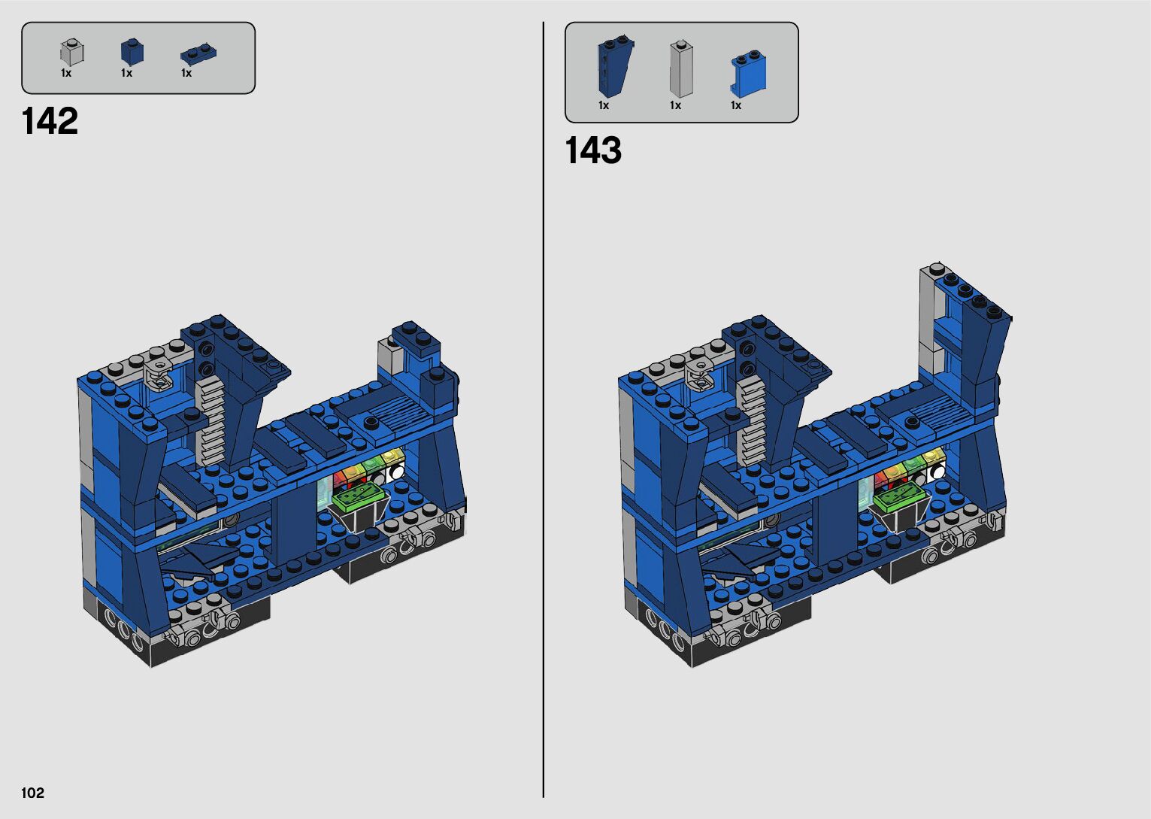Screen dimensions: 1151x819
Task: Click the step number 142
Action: [50, 121]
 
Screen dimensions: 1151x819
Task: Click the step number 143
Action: [593, 150]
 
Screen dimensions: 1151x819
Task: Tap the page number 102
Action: [32, 793]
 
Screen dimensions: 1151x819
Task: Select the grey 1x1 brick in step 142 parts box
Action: [72, 52]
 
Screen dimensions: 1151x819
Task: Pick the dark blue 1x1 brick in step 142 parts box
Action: [132, 52]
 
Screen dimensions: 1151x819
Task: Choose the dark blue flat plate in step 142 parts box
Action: [198, 54]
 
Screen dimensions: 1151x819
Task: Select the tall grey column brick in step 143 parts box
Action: [681, 69]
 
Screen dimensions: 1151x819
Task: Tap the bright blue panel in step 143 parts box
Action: [748, 74]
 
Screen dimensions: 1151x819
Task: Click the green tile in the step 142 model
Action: [359, 495]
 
